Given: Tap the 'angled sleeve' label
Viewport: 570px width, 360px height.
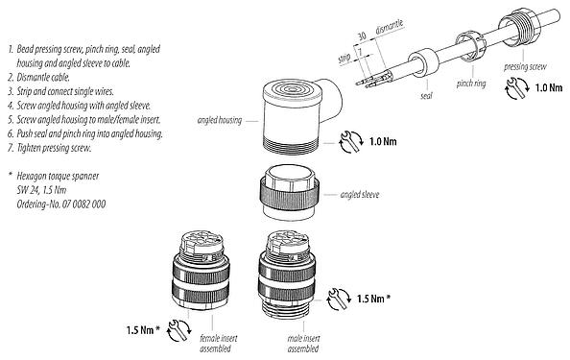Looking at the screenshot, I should click(x=361, y=195).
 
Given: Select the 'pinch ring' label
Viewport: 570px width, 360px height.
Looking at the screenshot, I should click(x=464, y=84).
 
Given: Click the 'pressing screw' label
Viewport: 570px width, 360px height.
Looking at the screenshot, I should click(x=526, y=66).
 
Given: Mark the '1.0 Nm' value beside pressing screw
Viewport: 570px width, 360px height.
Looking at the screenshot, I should click(x=548, y=88).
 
